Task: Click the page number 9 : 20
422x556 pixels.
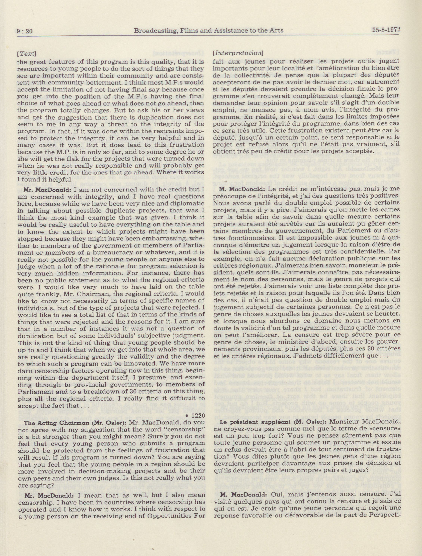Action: coord(25,31)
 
